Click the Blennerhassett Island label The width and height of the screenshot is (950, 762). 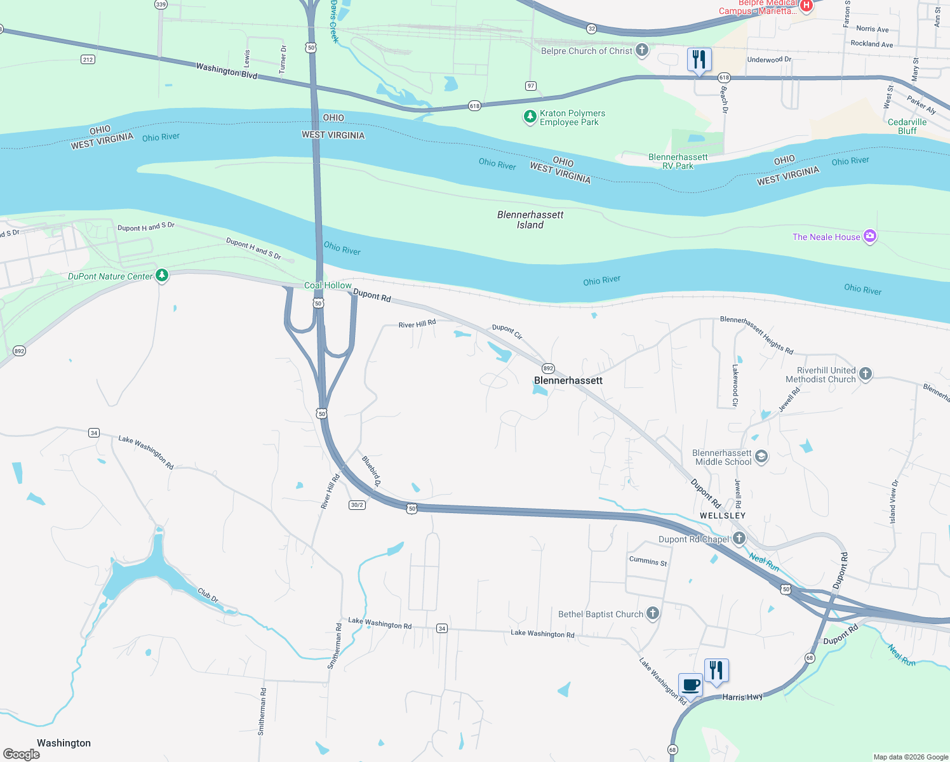click(530, 220)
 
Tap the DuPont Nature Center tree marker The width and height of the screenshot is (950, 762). click(162, 276)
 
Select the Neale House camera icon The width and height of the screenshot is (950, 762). click(870, 236)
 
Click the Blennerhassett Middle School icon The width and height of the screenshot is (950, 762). click(761, 457)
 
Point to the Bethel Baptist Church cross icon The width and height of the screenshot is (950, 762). click(653, 613)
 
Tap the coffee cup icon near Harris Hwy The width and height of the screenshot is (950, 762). click(691, 686)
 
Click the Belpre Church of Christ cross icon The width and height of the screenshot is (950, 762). click(642, 50)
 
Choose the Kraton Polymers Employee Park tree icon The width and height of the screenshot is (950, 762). click(530, 117)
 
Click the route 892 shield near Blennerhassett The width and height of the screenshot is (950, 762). click(548, 368)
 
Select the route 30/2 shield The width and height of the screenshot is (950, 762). click(357, 505)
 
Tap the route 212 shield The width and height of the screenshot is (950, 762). click(88, 60)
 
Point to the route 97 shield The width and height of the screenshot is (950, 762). click(531, 86)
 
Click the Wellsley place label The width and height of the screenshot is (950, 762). click(723, 516)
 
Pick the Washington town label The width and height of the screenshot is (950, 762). click(64, 743)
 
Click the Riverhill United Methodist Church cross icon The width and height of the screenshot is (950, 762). click(866, 374)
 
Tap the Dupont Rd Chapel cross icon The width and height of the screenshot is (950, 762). click(739, 538)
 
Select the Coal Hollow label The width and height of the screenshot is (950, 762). click(328, 285)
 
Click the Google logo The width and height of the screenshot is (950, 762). click(22, 754)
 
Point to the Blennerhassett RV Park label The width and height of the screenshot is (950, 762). click(678, 161)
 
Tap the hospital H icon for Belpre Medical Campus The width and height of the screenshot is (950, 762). click(806, 6)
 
